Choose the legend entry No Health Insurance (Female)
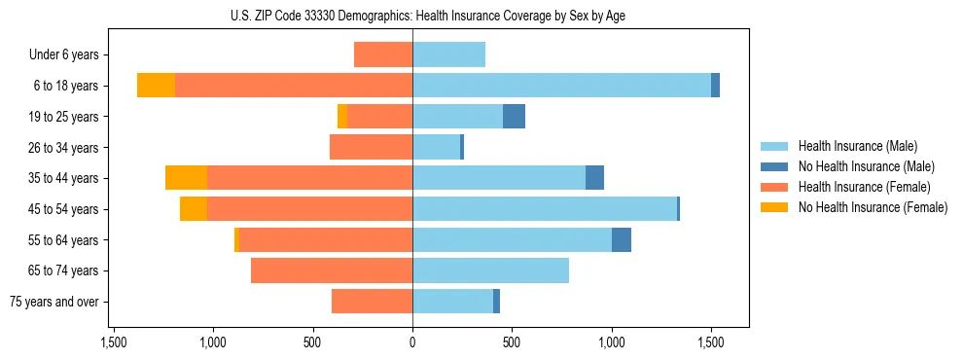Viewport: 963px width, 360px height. (873, 207)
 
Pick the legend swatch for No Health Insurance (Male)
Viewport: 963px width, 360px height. (775, 166)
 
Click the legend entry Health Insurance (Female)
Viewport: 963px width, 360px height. (864, 187)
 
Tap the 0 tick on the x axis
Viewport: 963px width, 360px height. (412, 342)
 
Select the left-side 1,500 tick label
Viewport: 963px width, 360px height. (114, 342)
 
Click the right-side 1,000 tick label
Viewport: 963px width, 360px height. (612, 342)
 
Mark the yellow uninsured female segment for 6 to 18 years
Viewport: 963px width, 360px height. (156, 86)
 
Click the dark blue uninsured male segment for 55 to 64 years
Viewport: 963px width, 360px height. (622, 240)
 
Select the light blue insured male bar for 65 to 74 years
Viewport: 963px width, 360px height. (490, 270)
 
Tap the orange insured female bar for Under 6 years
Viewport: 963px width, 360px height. (383, 54)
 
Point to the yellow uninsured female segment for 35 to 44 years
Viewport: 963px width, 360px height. (186, 178)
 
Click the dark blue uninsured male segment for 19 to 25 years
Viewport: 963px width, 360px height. (514, 117)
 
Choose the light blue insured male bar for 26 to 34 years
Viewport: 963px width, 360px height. (436, 147)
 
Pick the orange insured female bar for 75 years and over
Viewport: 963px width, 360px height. (372, 302)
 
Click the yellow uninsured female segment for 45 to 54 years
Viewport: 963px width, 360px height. (193, 209)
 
